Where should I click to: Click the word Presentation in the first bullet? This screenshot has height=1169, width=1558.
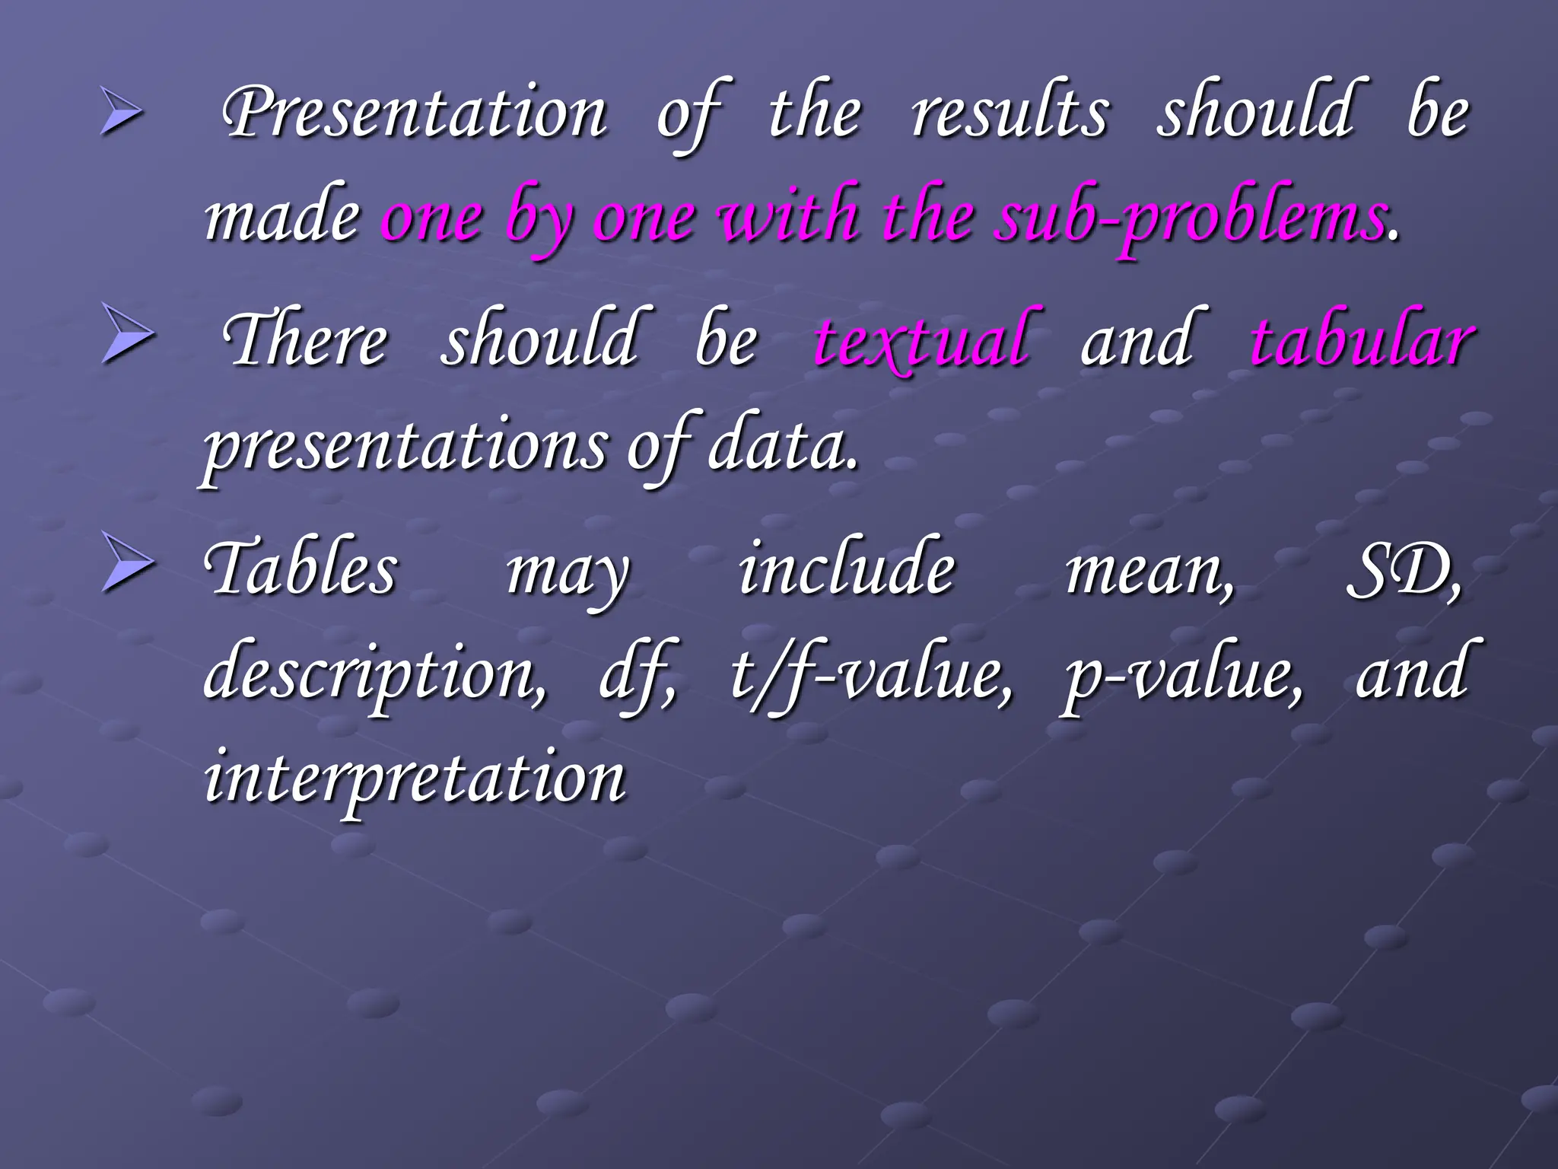click(x=415, y=113)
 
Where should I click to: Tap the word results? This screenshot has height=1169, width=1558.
click(x=1010, y=113)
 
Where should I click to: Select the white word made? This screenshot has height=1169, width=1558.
click(x=282, y=217)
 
